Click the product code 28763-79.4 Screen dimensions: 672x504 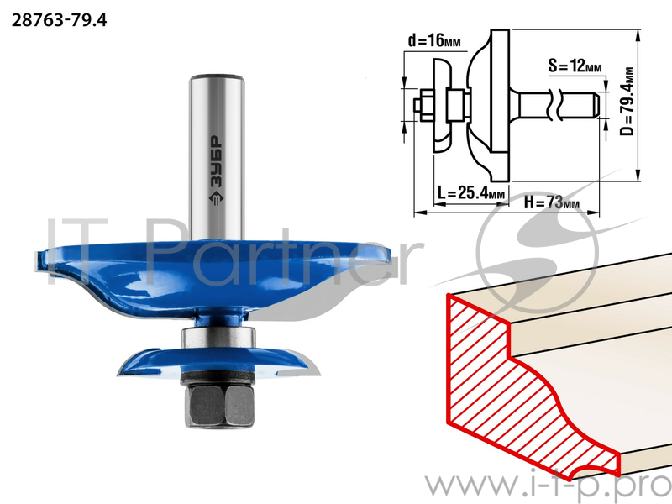[59, 20]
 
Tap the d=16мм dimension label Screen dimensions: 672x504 [434, 41]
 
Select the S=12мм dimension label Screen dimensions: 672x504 [575, 66]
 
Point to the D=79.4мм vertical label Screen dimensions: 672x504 [627, 101]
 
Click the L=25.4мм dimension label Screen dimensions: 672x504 [471, 192]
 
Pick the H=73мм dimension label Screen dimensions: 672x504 [552, 202]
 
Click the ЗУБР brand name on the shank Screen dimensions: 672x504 [217, 161]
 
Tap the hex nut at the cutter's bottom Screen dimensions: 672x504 [219, 405]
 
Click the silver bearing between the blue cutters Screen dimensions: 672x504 [218, 338]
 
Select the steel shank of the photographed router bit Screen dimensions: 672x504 [217, 157]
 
